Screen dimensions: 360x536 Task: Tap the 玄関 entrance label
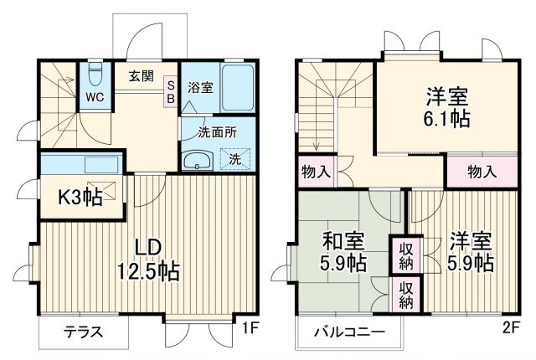coord(141,76)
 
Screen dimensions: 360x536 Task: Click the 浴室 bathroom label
coord(199,87)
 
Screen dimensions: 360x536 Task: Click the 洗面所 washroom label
coord(216,131)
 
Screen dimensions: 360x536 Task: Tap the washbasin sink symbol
coord(198,160)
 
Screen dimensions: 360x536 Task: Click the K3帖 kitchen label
coord(80,198)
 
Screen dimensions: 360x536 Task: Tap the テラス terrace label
coord(84,332)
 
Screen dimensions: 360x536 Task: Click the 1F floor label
coord(250,328)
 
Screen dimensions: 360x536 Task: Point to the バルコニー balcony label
coord(349,332)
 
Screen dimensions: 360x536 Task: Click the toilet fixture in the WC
coord(95,76)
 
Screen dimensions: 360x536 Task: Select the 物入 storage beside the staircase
coord(315,173)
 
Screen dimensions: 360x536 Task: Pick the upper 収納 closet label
coord(405,255)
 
